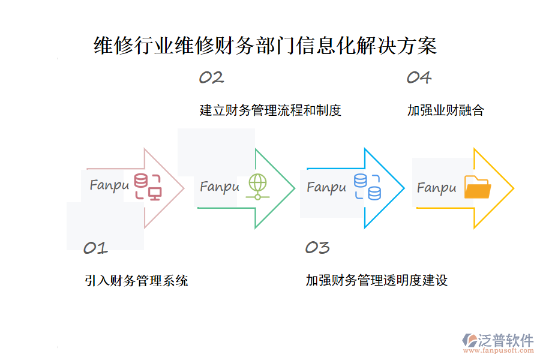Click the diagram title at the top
point(266,46)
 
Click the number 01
point(95,248)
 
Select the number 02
point(211,77)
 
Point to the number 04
point(419,77)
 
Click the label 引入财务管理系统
point(136,280)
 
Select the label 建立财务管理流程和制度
point(270,110)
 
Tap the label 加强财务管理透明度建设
point(376,280)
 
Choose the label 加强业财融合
point(445,110)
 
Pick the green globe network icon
point(257,187)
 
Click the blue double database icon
point(367,187)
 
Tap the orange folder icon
point(478,187)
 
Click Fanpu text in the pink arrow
point(109,185)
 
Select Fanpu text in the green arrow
point(220,187)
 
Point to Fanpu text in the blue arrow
point(326,187)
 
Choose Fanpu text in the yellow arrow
point(437,188)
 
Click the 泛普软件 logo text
point(505,340)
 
